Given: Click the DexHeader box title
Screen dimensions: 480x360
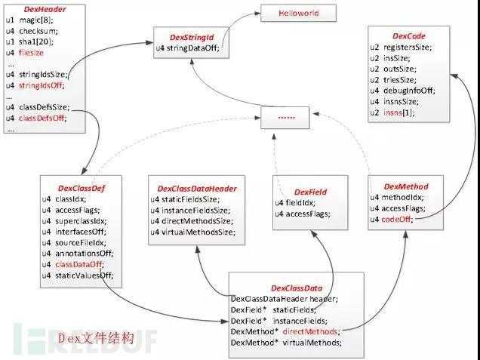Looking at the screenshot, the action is pos(45,9).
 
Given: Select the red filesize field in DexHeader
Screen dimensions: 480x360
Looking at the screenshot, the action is pos(31,53).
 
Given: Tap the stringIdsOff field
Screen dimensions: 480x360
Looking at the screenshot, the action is pos(42,85).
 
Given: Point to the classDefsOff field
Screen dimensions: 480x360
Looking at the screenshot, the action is pos(42,118).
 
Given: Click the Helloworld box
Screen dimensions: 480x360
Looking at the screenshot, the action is pos(298,13).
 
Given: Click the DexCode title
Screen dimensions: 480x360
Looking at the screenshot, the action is pos(408,36).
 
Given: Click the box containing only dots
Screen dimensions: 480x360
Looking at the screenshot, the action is pos(285,118).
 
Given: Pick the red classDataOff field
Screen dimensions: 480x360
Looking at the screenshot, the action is pos(79,264).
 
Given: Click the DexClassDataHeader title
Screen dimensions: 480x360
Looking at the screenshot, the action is pos(197,189).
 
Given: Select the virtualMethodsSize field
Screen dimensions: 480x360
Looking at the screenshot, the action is pos(193,232).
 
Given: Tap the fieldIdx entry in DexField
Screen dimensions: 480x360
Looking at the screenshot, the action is pos(295,203).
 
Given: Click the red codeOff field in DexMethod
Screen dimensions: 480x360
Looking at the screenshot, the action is pos(397,219).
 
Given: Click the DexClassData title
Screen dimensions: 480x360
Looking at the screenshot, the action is pos(297,288).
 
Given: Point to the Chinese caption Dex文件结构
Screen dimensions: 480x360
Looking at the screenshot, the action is pos(96,338).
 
